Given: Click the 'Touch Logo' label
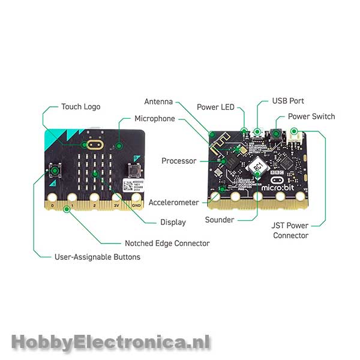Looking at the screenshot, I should coord(81,107).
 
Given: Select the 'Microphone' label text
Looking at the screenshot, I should coord(154,119).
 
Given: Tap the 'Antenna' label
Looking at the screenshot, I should coord(159,101).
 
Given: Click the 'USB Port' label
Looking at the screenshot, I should coord(288,101).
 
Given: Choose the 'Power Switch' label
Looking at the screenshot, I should coord(311,116).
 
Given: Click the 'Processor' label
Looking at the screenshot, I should coord(179,161).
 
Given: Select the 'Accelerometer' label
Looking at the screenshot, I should coord(173,203).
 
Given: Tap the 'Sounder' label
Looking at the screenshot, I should coord(220,220).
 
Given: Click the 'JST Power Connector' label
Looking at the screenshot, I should coord(290,230).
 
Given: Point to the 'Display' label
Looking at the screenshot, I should coord(173,222).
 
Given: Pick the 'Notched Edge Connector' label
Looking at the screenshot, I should coord(167,243).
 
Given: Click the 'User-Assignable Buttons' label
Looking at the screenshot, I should coord(97,257).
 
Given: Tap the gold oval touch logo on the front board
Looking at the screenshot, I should coord(94,145).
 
